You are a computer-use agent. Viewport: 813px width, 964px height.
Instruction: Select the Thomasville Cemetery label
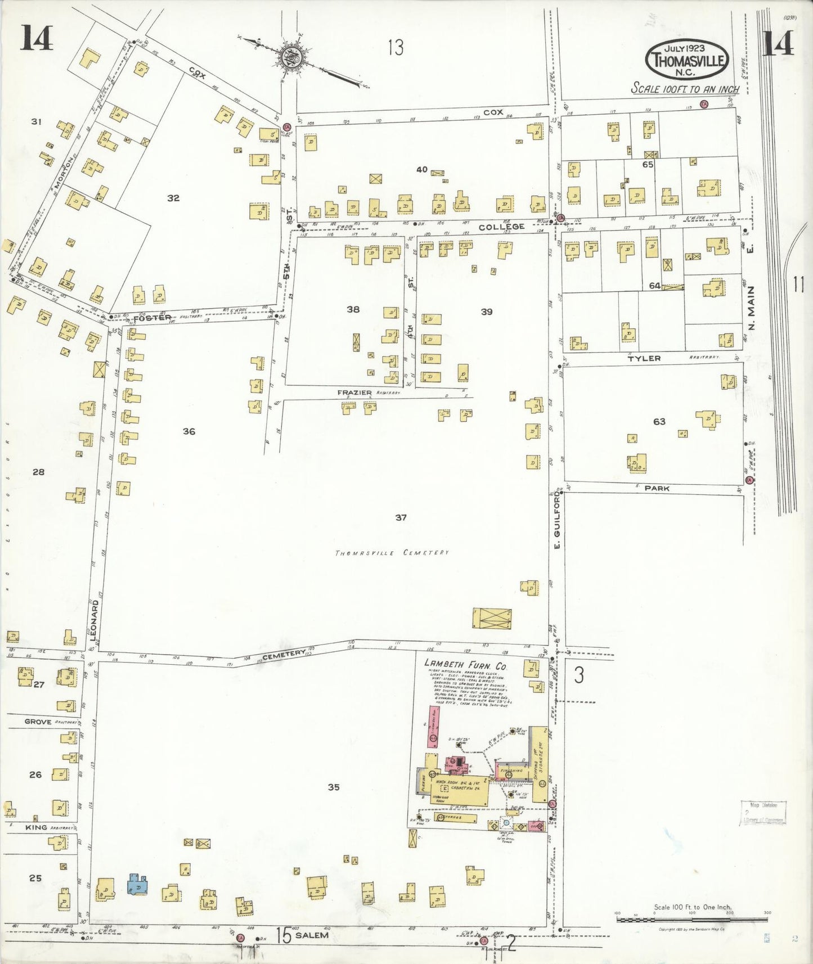pyautogui.click(x=392, y=553)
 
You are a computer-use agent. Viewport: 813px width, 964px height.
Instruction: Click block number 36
pyautogui.click(x=189, y=431)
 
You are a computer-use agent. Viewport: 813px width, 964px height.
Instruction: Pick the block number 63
pyautogui.click(x=659, y=421)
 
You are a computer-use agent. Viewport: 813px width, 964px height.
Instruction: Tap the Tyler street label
pyautogui.click(x=644, y=358)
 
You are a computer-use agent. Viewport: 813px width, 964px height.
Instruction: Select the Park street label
pyautogui.click(x=657, y=488)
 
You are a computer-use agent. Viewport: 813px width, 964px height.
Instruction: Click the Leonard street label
pyautogui.click(x=95, y=620)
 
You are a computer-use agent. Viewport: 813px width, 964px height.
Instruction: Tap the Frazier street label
pyautogui.click(x=354, y=392)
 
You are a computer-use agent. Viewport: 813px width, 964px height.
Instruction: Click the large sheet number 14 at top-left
pyautogui.click(x=37, y=39)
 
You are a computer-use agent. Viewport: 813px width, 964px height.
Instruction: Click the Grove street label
pyautogui.click(x=38, y=722)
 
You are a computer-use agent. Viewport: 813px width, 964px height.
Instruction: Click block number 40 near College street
pyautogui.click(x=422, y=169)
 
